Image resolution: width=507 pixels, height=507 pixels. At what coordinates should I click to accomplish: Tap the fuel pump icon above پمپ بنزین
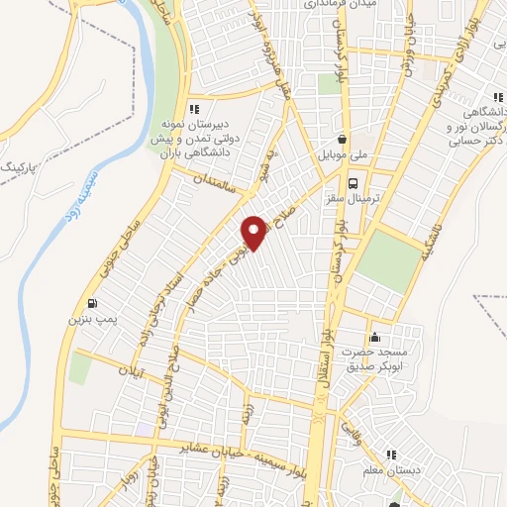click(92, 304)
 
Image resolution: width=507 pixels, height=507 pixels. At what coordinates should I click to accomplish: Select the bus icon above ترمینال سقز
click(355, 182)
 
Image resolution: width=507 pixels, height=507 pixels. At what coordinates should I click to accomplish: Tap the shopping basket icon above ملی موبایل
click(343, 140)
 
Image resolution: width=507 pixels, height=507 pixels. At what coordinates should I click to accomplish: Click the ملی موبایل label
click(342, 155)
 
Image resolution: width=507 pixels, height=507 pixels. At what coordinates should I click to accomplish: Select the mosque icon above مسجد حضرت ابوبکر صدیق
click(373, 337)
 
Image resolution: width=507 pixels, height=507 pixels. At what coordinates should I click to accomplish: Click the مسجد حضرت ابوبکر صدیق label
click(373, 358)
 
